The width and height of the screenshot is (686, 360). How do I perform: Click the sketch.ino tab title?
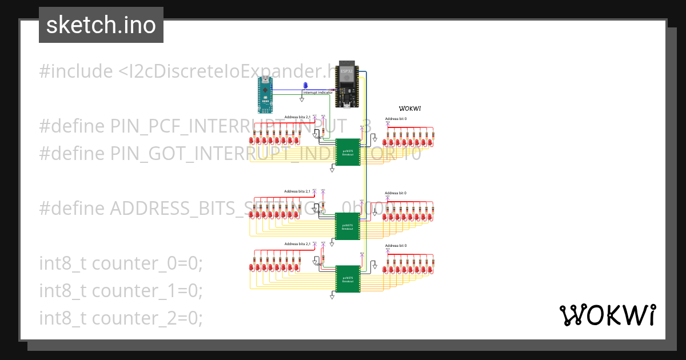(101, 25)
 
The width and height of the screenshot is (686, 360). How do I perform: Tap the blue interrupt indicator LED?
(305, 86)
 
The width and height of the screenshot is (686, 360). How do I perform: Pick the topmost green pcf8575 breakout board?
(348, 152)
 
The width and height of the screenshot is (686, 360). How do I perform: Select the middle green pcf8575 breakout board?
(348, 225)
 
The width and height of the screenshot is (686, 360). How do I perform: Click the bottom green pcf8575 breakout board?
(348, 279)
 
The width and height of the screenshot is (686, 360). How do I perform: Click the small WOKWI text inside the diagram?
(410, 109)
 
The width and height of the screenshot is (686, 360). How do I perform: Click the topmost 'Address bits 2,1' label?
(297, 117)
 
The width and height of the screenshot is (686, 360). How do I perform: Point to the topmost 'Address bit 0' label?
(396, 119)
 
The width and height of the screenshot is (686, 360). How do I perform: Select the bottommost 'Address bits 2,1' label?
(297, 244)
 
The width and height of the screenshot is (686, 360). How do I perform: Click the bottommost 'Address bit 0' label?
(396, 245)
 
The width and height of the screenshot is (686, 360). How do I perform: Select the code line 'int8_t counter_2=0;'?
(121, 317)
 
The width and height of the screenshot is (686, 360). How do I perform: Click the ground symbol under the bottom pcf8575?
(332, 297)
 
